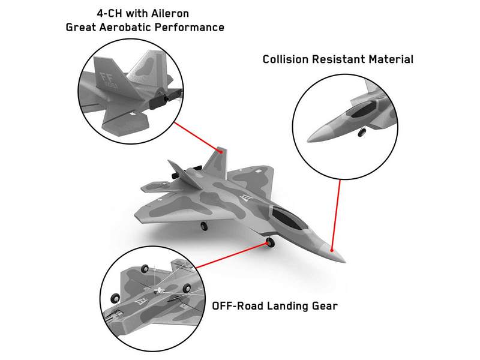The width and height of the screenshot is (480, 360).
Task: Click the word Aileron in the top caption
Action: point(170,13)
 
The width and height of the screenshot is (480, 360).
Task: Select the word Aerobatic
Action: point(125,27)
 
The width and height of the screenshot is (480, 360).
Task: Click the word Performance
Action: point(190,27)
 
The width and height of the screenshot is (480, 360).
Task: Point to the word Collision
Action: point(286,59)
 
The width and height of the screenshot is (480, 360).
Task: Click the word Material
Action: point(391,59)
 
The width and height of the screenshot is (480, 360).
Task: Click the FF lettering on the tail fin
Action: point(106,77)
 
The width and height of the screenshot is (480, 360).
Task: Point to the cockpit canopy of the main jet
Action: point(289,218)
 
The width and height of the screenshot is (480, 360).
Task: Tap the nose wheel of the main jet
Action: point(270,242)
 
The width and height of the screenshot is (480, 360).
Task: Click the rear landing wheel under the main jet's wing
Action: point(204,226)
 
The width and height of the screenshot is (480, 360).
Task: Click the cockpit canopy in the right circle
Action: point(363,110)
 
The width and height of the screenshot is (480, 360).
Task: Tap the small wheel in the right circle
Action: point(362,132)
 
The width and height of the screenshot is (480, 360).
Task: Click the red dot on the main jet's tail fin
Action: point(221,152)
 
